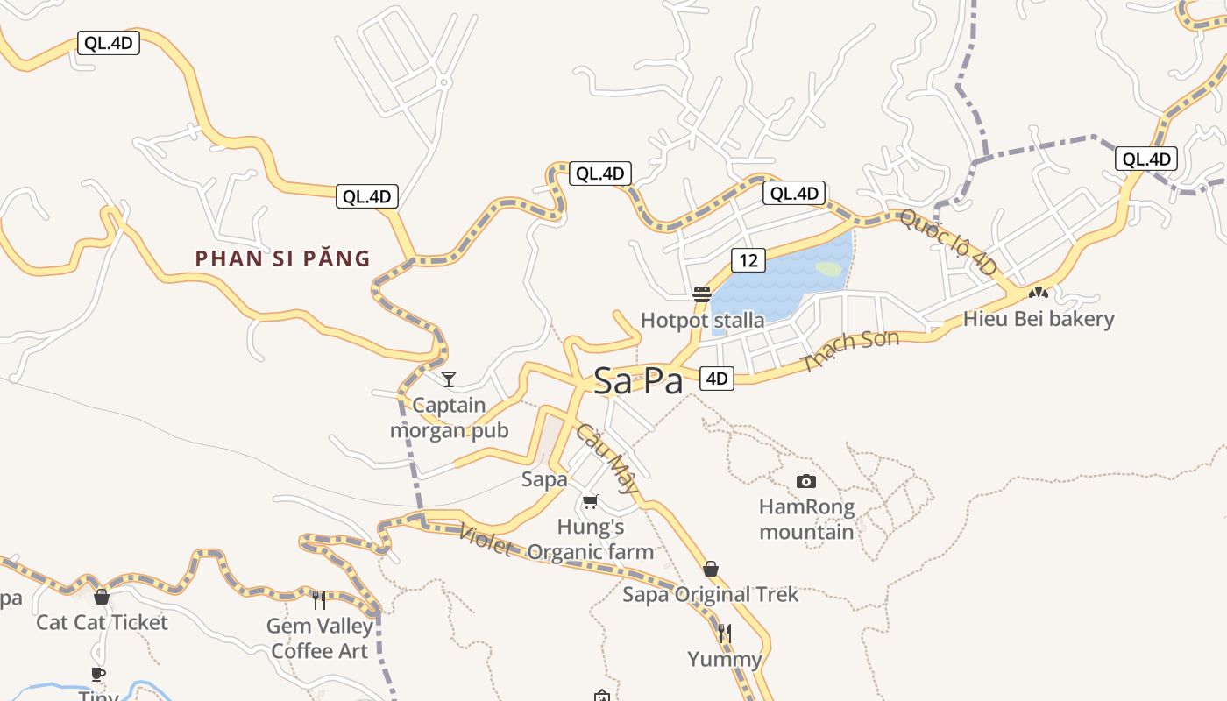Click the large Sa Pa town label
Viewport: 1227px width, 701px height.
[637, 381]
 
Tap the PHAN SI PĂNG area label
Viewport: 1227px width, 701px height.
[282, 258]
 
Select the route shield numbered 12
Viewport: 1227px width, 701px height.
[748, 260]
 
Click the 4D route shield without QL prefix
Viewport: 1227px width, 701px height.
[717, 379]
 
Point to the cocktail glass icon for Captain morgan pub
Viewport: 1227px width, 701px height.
[449, 379]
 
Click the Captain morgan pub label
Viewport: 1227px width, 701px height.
[450, 418]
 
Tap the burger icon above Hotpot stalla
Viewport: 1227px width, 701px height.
[701, 294]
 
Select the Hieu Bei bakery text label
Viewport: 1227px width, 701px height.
[1039, 319]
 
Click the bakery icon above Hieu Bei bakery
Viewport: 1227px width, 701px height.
[1039, 292]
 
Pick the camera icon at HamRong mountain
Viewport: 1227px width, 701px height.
[806, 481]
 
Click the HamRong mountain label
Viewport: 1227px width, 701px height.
[806, 520]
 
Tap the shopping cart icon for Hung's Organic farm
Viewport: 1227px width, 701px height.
[590, 501]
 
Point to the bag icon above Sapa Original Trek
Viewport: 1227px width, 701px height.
[711, 569]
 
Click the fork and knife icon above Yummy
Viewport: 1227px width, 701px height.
[724, 633]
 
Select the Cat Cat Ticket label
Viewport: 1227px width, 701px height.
[102, 622]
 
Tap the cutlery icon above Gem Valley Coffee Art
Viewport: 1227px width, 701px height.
[319, 600]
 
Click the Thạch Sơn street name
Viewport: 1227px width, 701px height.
[851, 350]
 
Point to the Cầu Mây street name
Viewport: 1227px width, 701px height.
[606, 460]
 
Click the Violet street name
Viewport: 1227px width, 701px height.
[485, 540]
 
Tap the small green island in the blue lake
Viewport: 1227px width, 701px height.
[827, 269]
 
